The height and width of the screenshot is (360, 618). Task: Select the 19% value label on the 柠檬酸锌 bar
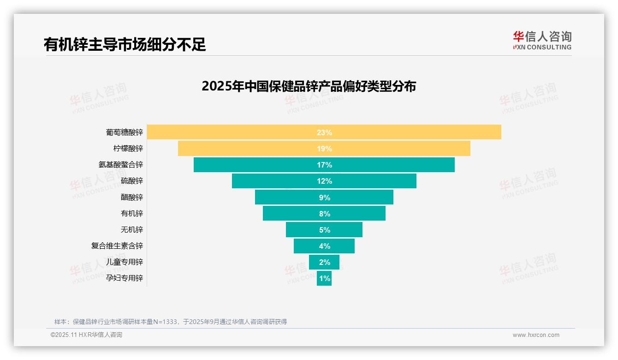324,149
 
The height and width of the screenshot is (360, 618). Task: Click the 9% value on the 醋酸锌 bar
324,198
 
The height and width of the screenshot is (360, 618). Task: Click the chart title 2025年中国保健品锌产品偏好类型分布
309,86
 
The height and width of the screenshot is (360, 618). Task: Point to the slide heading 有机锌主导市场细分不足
125,44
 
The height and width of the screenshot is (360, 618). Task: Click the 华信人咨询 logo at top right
542,40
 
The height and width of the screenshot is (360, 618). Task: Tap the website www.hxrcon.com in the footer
536,335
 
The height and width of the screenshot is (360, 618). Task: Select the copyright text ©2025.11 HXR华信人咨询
86,335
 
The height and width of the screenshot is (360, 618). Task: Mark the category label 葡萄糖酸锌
124,132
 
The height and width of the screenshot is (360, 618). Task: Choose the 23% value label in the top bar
324,132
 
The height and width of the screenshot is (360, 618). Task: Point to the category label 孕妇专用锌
124,278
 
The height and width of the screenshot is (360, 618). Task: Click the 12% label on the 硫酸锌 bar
324,181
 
